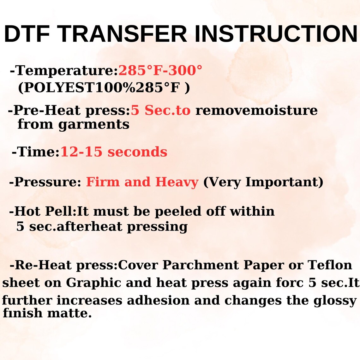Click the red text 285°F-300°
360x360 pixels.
160,70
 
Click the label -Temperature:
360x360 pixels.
64,70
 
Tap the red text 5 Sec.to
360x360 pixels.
161,111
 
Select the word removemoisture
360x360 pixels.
256,111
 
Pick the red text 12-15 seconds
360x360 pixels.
114,152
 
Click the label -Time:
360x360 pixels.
36,152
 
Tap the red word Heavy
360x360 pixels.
177,182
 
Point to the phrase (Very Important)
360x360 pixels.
263,182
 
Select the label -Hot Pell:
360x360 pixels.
43,211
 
